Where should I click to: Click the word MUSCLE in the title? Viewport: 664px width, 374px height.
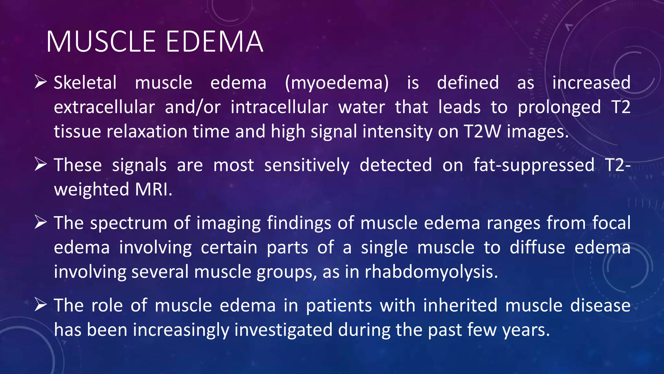pyautogui.click(x=101, y=42)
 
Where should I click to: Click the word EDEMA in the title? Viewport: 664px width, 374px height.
pyautogui.click(x=214, y=42)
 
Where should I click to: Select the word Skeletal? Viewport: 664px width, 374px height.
pyautogui.click(x=85, y=82)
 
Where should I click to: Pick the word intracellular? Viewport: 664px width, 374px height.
pyautogui.click(x=279, y=107)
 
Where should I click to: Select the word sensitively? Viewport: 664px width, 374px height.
pyautogui.click(x=307, y=165)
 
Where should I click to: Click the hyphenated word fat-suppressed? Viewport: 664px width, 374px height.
pyautogui.click(x=534, y=165)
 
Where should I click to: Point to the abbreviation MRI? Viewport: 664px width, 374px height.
pyautogui.click(x=153, y=189)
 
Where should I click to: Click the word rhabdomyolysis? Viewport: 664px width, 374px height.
pyautogui.click(x=431, y=272)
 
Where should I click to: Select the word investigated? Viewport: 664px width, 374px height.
pyautogui.click(x=283, y=330)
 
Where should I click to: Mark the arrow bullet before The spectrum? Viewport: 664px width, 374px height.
pyautogui.click(x=41, y=223)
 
